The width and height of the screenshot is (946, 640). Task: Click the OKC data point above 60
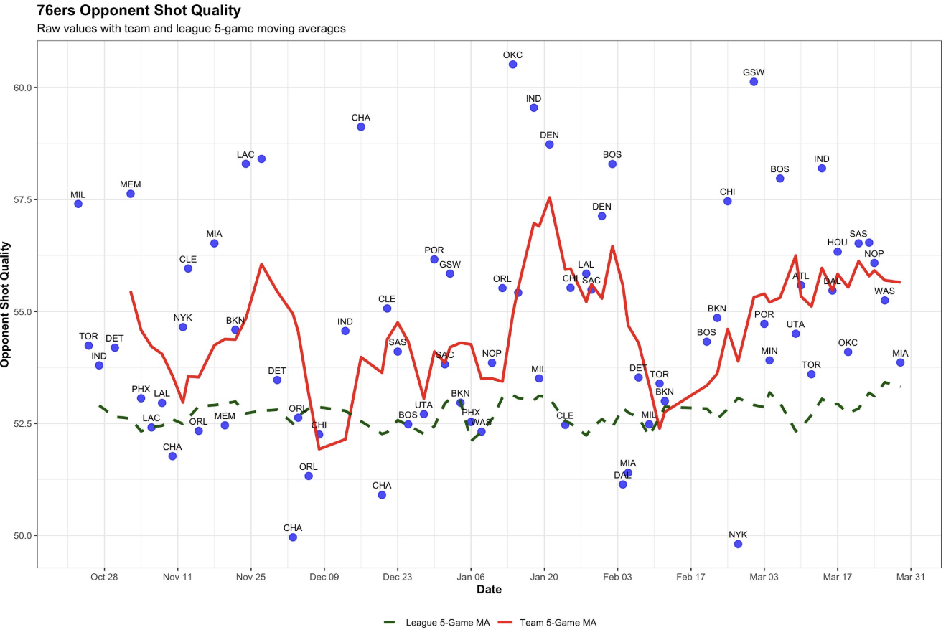[512, 65]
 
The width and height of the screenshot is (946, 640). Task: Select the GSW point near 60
[754, 82]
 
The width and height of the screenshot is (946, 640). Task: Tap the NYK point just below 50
[738, 544]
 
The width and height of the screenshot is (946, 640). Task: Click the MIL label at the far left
[78, 194]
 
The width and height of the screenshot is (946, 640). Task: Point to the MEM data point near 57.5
[131, 194]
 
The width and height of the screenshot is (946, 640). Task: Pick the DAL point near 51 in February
[622, 484]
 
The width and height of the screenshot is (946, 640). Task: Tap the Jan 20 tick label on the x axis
[543, 576]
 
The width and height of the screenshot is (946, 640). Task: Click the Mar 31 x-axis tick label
[910, 576]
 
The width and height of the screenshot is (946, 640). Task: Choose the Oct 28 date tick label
[104, 576]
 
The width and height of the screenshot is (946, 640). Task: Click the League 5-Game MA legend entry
[437, 623]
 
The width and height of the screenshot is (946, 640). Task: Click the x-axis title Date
[489, 590]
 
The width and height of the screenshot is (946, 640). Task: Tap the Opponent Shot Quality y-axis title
[6, 304]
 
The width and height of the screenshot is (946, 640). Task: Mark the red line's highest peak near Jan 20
[549, 197]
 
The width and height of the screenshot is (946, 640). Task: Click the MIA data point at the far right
[900, 362]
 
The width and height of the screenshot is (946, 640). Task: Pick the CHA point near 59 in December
[361, 127]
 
